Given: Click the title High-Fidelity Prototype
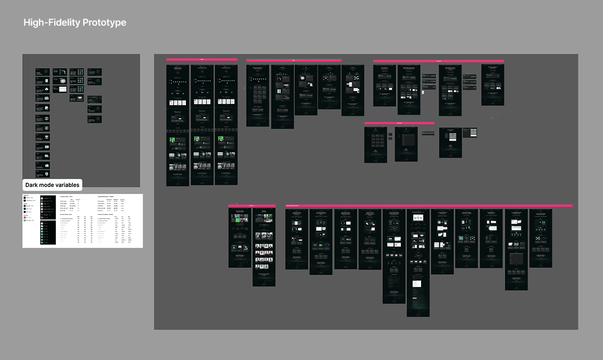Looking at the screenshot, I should [75, 23].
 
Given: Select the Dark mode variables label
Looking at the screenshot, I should [52, 185].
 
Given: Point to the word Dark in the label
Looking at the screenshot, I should [32, 185].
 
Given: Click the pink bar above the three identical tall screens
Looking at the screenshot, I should [202, 59].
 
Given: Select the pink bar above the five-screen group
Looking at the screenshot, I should [294, 60].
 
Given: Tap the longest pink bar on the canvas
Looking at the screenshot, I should [429, 206].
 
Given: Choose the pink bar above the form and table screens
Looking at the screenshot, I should [399, 123].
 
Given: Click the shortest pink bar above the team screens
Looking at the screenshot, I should [252, 206].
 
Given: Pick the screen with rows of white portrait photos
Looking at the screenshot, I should [264, 254].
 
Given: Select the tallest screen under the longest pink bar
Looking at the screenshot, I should [418, 263].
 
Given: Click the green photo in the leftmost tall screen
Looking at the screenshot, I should [173, 141].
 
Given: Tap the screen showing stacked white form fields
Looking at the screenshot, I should [450, 142].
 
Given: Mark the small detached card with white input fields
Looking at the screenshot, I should [473, 132].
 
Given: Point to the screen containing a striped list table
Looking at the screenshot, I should [406, 144].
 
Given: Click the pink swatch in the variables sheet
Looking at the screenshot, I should [26, 217].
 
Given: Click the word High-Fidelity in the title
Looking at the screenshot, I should [52, 23].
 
